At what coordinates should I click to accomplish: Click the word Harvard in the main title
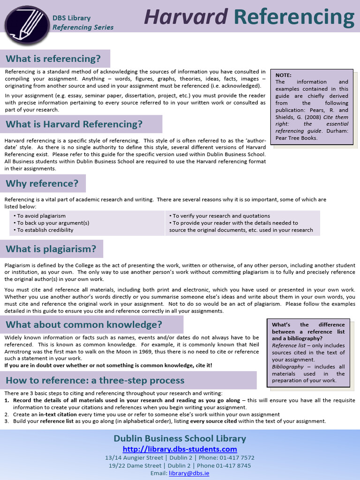[x=186, y=17]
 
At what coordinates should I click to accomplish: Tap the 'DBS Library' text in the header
[x=71, y=18]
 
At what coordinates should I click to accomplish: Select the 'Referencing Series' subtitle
[x=83, y=27]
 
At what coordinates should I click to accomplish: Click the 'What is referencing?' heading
[x=53, y=59]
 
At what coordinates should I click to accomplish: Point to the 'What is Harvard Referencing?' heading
[x=74, y=124]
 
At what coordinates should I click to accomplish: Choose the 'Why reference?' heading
[x=42, y=183]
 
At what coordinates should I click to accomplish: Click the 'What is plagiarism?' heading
[x=51, y=249]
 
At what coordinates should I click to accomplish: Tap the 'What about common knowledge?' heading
[x=84, y=324]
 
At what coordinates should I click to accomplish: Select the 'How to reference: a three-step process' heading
[x=95, y=380]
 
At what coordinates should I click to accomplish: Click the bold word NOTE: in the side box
[x=284, y=75]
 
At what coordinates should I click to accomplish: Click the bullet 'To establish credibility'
[x=44, y=230]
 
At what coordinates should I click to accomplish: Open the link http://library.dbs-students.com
[x=180, y=449]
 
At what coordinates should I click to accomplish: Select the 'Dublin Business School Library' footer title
[x=180, y=439]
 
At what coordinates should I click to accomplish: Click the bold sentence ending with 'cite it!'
[x=108, y=365]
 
